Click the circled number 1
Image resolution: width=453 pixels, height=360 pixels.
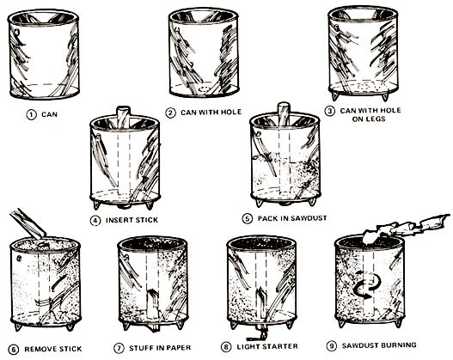pos(31,115)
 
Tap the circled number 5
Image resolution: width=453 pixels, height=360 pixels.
pos(247,218)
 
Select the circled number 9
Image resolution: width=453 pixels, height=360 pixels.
pos(332,345)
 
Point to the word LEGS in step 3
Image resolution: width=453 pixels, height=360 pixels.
pos(376,119)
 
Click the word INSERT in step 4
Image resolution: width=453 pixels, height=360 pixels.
pos(118,220)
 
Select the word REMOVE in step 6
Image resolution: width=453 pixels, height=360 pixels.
pos(39,349)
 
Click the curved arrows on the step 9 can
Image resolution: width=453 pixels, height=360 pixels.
pos(367,284)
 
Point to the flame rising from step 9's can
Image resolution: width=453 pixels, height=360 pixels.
pos(406,228)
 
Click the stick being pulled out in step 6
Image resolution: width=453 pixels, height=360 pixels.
pos(28,223)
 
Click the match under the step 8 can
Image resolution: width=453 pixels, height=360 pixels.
pos(256,336)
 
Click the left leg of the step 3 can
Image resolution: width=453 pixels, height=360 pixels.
pos(335,96)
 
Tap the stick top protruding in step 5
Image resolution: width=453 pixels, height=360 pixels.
pos(283,113)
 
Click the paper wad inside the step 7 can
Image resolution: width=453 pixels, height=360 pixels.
pos(152,305)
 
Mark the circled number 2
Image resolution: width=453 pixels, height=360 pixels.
pos(170,113)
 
